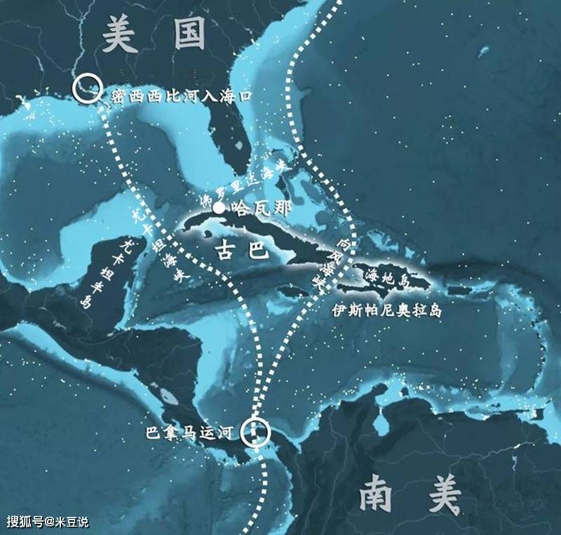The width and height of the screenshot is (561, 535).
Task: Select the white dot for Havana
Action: click(219, 209)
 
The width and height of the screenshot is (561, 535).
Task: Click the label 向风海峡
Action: click(327, 267)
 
